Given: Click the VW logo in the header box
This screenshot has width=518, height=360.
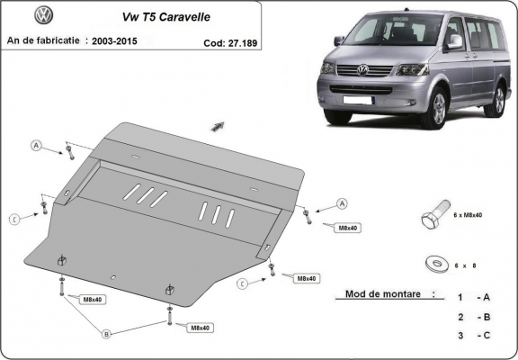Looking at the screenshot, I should [x=43, y=15].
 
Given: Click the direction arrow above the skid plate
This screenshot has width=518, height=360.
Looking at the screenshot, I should [x=218, y=125].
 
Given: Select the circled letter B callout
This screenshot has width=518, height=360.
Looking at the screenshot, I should [x=106, y=334].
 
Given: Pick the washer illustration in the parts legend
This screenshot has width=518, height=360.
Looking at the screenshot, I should [x=438, y=263].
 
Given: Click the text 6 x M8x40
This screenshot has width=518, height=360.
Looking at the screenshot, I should [x=469, y=216].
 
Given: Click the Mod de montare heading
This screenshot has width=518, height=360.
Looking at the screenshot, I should [x=381, y=294].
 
